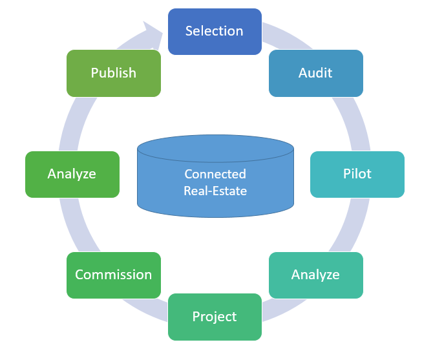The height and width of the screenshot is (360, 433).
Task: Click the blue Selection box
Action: [x=215, y=31]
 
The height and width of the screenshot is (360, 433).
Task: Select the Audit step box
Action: [x=315, y=73]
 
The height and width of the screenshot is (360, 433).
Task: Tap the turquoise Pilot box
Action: [x=357, y=174]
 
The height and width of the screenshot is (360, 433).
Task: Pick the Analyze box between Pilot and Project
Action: [x=315, y=275]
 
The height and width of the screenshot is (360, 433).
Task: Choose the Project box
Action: [x=215, y=317]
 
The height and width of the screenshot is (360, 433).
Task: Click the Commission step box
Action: [x=113, y=275]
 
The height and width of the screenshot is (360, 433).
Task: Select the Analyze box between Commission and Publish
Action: [x=72, y=174]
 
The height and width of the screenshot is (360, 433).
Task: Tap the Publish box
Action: [x=113, y=73]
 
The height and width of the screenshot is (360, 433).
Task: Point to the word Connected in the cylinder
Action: [x=215, y=174]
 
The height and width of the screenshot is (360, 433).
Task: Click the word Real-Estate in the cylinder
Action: [x=215, y=191]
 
